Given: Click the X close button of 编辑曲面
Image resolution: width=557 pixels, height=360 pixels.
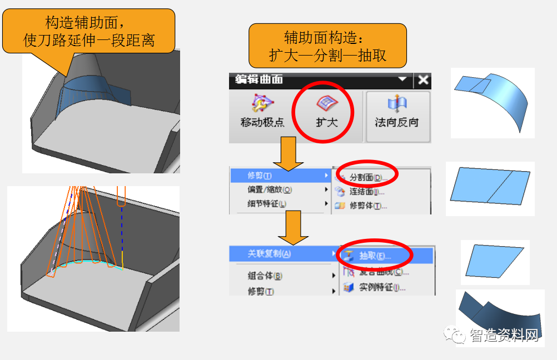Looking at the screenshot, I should [424, 80].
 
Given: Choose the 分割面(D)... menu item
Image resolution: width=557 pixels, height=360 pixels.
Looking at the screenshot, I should [367, 177].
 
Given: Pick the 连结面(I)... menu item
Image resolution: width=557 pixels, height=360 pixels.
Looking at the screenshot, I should [366, 192].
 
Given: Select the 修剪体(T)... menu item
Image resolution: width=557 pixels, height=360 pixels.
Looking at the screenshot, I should [367, 206].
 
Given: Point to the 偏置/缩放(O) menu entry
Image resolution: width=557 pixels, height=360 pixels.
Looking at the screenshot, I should [270, 189].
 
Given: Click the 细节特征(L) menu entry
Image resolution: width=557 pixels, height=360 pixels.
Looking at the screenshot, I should [267, 204].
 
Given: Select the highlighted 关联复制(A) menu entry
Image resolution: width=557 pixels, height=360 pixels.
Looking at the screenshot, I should [270, 254].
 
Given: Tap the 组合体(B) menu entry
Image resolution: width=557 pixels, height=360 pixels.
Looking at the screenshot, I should [265, 276].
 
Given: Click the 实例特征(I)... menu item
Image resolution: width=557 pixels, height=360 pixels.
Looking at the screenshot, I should [381, 287].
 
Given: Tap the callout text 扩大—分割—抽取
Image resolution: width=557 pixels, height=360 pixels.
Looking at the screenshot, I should [327, 56].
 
